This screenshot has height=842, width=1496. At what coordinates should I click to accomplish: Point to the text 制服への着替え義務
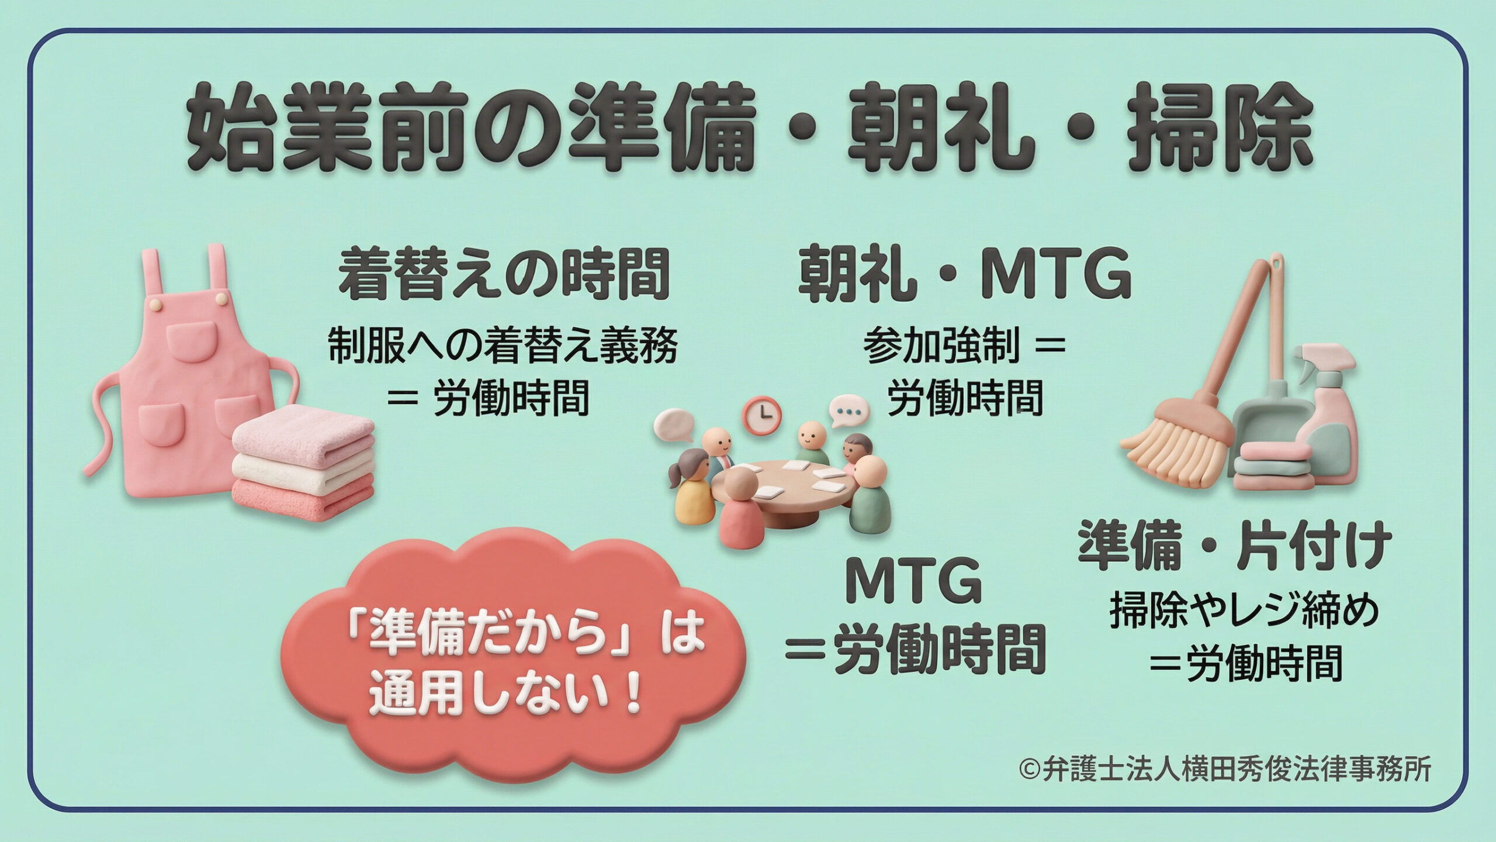click(502, 345)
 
